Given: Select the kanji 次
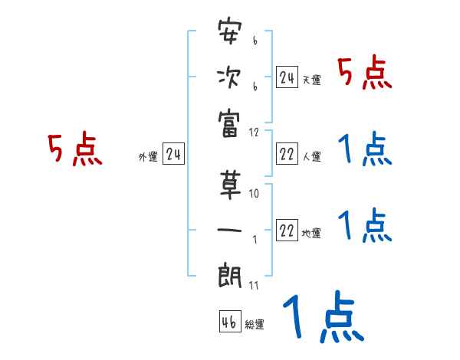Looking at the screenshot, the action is point(229,77).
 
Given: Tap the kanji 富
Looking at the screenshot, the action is point(229,122).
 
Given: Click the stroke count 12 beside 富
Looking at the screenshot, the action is point(255,132).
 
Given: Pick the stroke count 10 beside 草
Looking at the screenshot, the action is point(255,195).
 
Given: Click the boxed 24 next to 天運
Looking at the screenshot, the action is point(287,77).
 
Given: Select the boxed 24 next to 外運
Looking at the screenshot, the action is point(173,155).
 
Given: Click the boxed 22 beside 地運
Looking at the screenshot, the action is point(287,231).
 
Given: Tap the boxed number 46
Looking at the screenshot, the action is point(229,322).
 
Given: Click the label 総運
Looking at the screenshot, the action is point(255,324).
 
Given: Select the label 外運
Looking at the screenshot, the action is point(148,157).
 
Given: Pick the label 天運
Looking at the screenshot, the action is point(311,80).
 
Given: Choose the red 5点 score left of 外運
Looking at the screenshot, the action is point(75,149).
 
